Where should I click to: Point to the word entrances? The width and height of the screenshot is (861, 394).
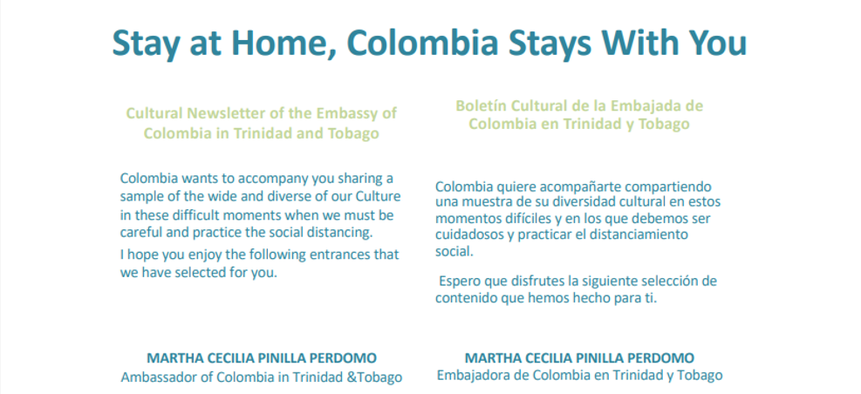325,255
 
